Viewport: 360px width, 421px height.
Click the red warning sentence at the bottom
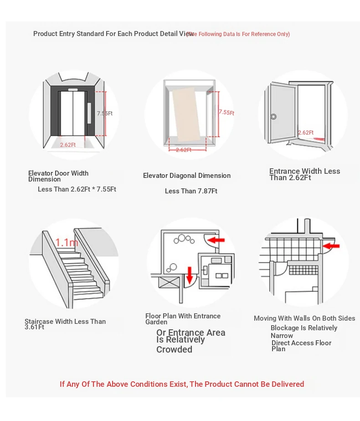point(182,384)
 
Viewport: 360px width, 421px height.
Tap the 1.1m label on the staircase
point(67,242)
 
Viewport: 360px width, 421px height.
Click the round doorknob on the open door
point(273,116)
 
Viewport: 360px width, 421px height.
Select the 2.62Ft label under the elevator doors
point(68,145)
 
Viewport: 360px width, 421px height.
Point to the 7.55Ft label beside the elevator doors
point(104,113)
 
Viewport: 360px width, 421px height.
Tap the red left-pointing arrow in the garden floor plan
point(216,239)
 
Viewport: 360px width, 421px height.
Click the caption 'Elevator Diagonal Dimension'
point(187,176)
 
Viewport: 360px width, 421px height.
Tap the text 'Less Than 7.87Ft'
point(191,191)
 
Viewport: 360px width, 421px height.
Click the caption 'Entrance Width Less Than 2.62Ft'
point(304,174)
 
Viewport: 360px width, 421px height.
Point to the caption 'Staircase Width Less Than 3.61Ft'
point(65,324)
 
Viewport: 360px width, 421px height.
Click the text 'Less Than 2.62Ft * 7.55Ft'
point(77,189)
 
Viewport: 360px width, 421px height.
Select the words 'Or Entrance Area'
point(191,333)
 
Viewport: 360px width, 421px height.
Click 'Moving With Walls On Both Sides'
point(304,318)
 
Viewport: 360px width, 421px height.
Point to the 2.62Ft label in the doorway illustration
point(306,133)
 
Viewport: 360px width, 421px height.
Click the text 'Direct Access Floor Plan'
point(301,346)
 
